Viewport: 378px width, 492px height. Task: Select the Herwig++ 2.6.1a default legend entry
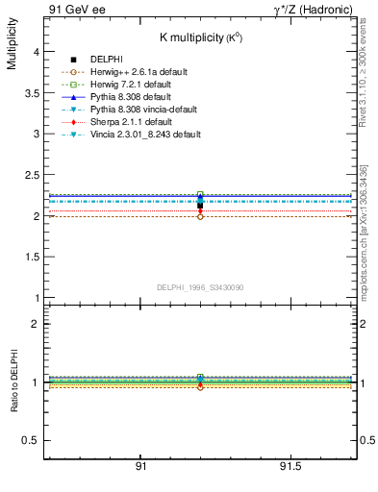point(139,73)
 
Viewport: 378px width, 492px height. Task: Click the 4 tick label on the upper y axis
point(36,53)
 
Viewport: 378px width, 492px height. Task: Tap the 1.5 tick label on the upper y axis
point(31,258)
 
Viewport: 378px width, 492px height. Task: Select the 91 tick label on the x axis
point(140,466)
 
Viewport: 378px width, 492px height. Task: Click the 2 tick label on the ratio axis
point(36,324)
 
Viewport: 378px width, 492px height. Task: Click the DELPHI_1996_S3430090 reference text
point(199,288)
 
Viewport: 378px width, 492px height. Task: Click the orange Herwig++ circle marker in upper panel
point(200,216)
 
